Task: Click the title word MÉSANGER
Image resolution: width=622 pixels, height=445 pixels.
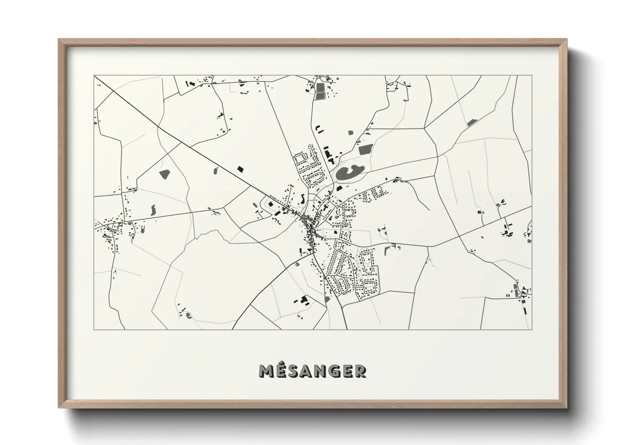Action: click(312, 371)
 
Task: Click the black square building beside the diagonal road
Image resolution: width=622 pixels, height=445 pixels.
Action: click(240, 169)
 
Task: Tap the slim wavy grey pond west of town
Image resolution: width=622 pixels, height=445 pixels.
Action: click(153, 209)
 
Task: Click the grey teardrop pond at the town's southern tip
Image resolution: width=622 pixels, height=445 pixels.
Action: click(327, 299)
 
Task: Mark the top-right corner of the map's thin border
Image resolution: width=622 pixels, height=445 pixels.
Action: click(532, 76)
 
